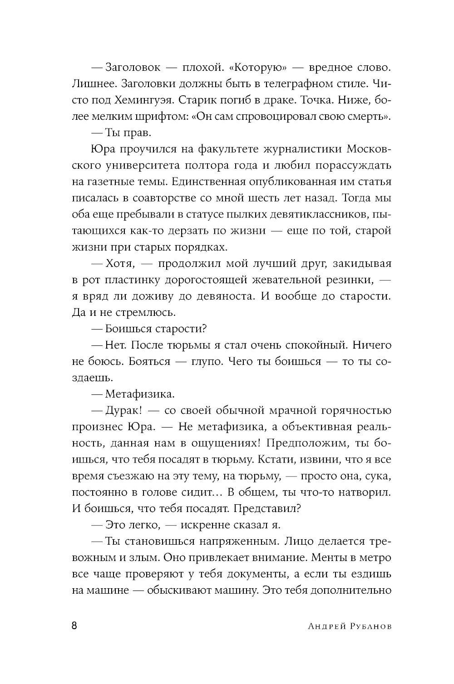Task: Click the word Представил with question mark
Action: pyautogui.click(x=272, y=508)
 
